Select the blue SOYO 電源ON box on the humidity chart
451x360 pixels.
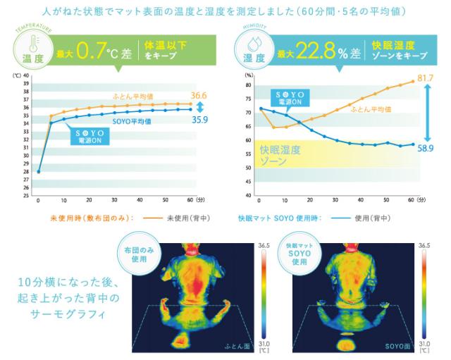pyautogui.click(x=295, y=97)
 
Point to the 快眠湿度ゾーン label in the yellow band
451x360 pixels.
pyautogui.click(x=280, y=156)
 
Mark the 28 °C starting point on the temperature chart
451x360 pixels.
pyautogui.click(x=38, y=171)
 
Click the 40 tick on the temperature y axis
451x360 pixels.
pyautogui.click(x=25, y=75)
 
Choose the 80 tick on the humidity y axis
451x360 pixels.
pyautogui.click(x=249, y=85)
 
